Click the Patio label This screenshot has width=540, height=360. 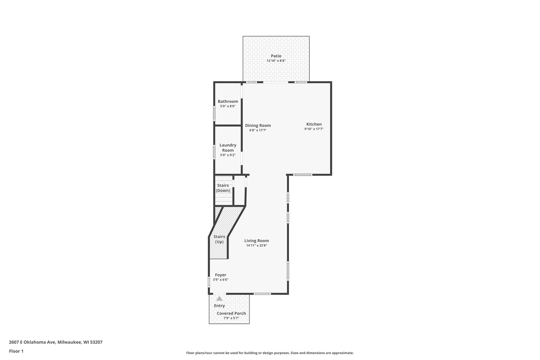[276, 56]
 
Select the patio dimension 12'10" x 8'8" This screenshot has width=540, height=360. [276, 61]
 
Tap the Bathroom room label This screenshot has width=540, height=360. [228, 101]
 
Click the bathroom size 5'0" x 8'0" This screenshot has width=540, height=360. [228, 106]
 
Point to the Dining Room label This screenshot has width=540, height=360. [258, 126]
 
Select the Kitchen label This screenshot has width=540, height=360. [314, 124]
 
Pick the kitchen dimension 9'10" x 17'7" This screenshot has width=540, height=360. [314, 129]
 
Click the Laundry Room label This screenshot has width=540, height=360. [228, 148]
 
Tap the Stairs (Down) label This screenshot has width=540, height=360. [223, 188]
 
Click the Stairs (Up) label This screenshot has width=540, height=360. [219, 239]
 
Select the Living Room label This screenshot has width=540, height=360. [257, 241]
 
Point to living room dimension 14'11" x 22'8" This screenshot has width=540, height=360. [257, 245]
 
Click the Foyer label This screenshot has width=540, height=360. [220, 275]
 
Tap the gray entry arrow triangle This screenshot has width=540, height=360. [219, 299]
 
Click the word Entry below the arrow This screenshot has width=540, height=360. [219, 306]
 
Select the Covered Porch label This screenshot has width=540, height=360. [231, 313]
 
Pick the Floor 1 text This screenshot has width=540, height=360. [16, 351]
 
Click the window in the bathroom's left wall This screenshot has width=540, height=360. [214, 113]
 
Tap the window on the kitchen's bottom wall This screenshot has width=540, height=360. [303, 175]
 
